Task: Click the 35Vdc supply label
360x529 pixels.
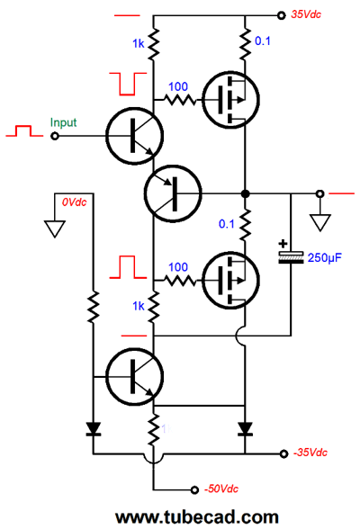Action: coord(306,14)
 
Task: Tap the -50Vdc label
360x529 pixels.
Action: coord(221,489)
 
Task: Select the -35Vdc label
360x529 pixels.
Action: coord(310,453)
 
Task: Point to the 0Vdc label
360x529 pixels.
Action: coord(74,202)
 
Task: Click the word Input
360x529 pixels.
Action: coord(63,122)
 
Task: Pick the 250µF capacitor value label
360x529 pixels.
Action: coord(325,257)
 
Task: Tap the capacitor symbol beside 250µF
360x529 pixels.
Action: coord(291,257)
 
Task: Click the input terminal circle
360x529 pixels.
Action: coord(55,136)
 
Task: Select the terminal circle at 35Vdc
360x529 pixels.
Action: coord(281,15)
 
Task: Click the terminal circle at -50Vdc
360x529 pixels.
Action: coord(194,489)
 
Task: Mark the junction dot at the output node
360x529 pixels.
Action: coord(246,193)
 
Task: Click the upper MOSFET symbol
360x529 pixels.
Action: coord(230,100)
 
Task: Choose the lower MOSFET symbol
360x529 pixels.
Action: coord(230,280)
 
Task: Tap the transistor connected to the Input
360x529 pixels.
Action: coord(135,136)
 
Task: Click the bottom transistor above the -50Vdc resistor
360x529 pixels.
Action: coord(135,377)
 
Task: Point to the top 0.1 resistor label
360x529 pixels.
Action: coord(263,40)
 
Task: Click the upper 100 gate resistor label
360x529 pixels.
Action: coord(178,86)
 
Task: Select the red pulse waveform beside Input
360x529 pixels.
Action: coord(24,131)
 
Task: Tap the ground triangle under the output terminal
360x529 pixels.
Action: coord(319,222)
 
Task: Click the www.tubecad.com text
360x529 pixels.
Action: coord(197,516)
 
